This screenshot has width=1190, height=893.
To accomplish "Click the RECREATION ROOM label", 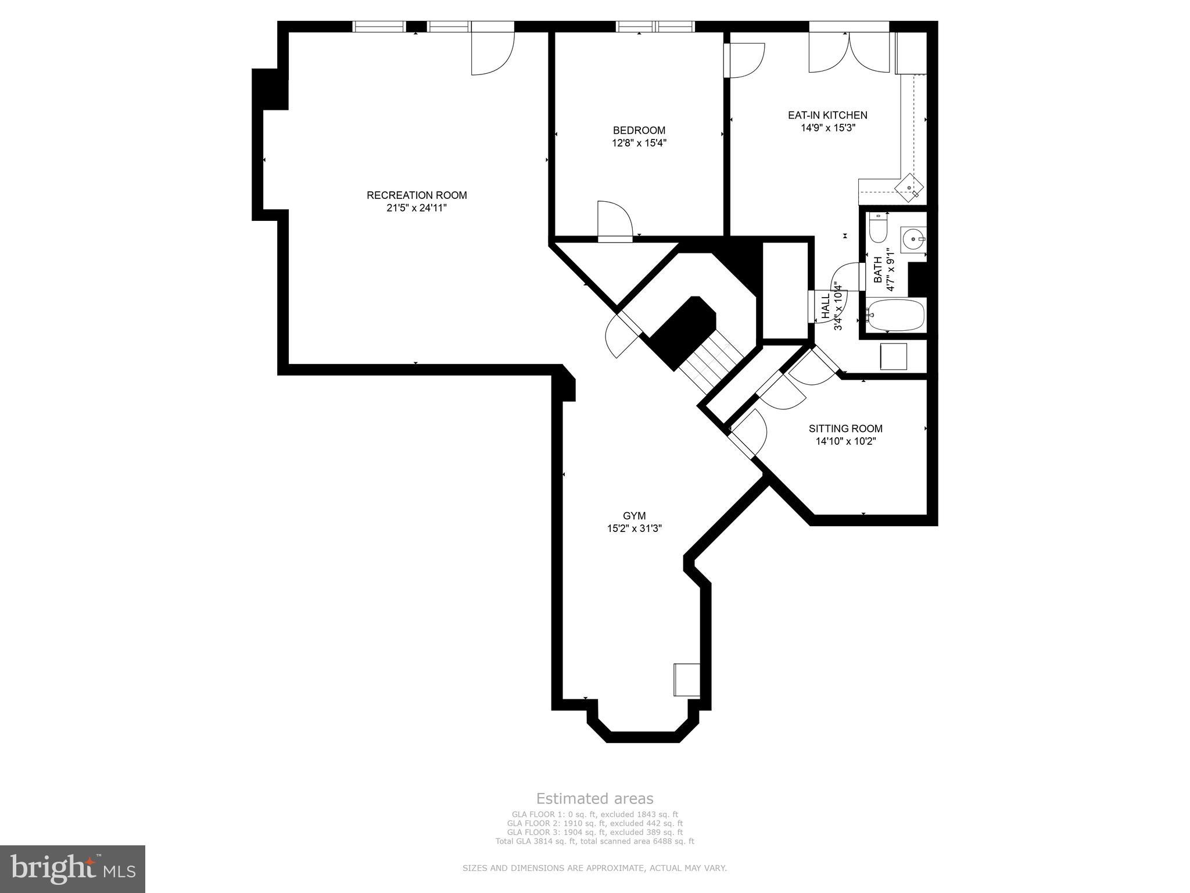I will click(417, 195).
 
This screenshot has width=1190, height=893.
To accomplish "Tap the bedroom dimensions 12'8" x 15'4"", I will click(639, 143).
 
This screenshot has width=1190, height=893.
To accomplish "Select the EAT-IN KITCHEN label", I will click(827, 115).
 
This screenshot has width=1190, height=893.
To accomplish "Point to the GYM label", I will click(634, 516).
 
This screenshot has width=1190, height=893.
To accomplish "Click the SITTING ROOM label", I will click(845, 428).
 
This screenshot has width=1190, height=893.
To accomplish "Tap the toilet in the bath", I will click(877, 228).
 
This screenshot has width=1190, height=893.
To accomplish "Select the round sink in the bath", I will click(912, 239).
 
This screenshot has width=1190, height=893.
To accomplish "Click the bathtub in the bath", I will click(895, 315).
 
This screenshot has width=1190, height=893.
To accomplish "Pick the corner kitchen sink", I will click(909, 188).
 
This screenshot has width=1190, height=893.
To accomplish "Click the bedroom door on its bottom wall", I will click(614, 221).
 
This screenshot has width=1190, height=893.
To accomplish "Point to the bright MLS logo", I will click(73, 869).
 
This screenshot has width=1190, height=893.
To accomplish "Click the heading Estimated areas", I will click(594, 798).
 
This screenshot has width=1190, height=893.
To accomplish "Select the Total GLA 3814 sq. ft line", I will click(594, 841).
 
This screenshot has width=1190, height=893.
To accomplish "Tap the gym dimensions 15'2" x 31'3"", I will click(634, 528).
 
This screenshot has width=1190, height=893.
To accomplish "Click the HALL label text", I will click(825, 305).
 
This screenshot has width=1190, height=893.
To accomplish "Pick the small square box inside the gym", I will click(686, 679).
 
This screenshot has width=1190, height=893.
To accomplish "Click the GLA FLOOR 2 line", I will click(594, 823).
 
